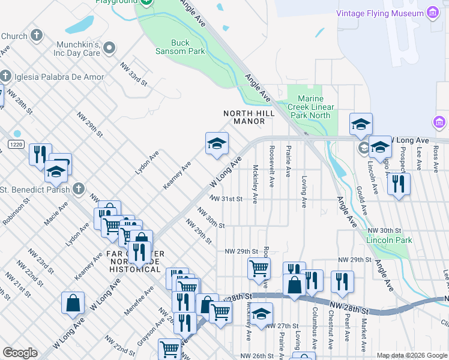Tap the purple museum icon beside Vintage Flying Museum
[x=432, y=13]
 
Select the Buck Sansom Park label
[x=188, y=47]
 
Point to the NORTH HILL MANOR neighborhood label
[x=249, y=117]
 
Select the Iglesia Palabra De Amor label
[x=58, y=77]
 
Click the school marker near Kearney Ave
[x=217, y=143]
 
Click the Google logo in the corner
[x=20, y=353]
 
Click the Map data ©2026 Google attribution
[x=412, y=355]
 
